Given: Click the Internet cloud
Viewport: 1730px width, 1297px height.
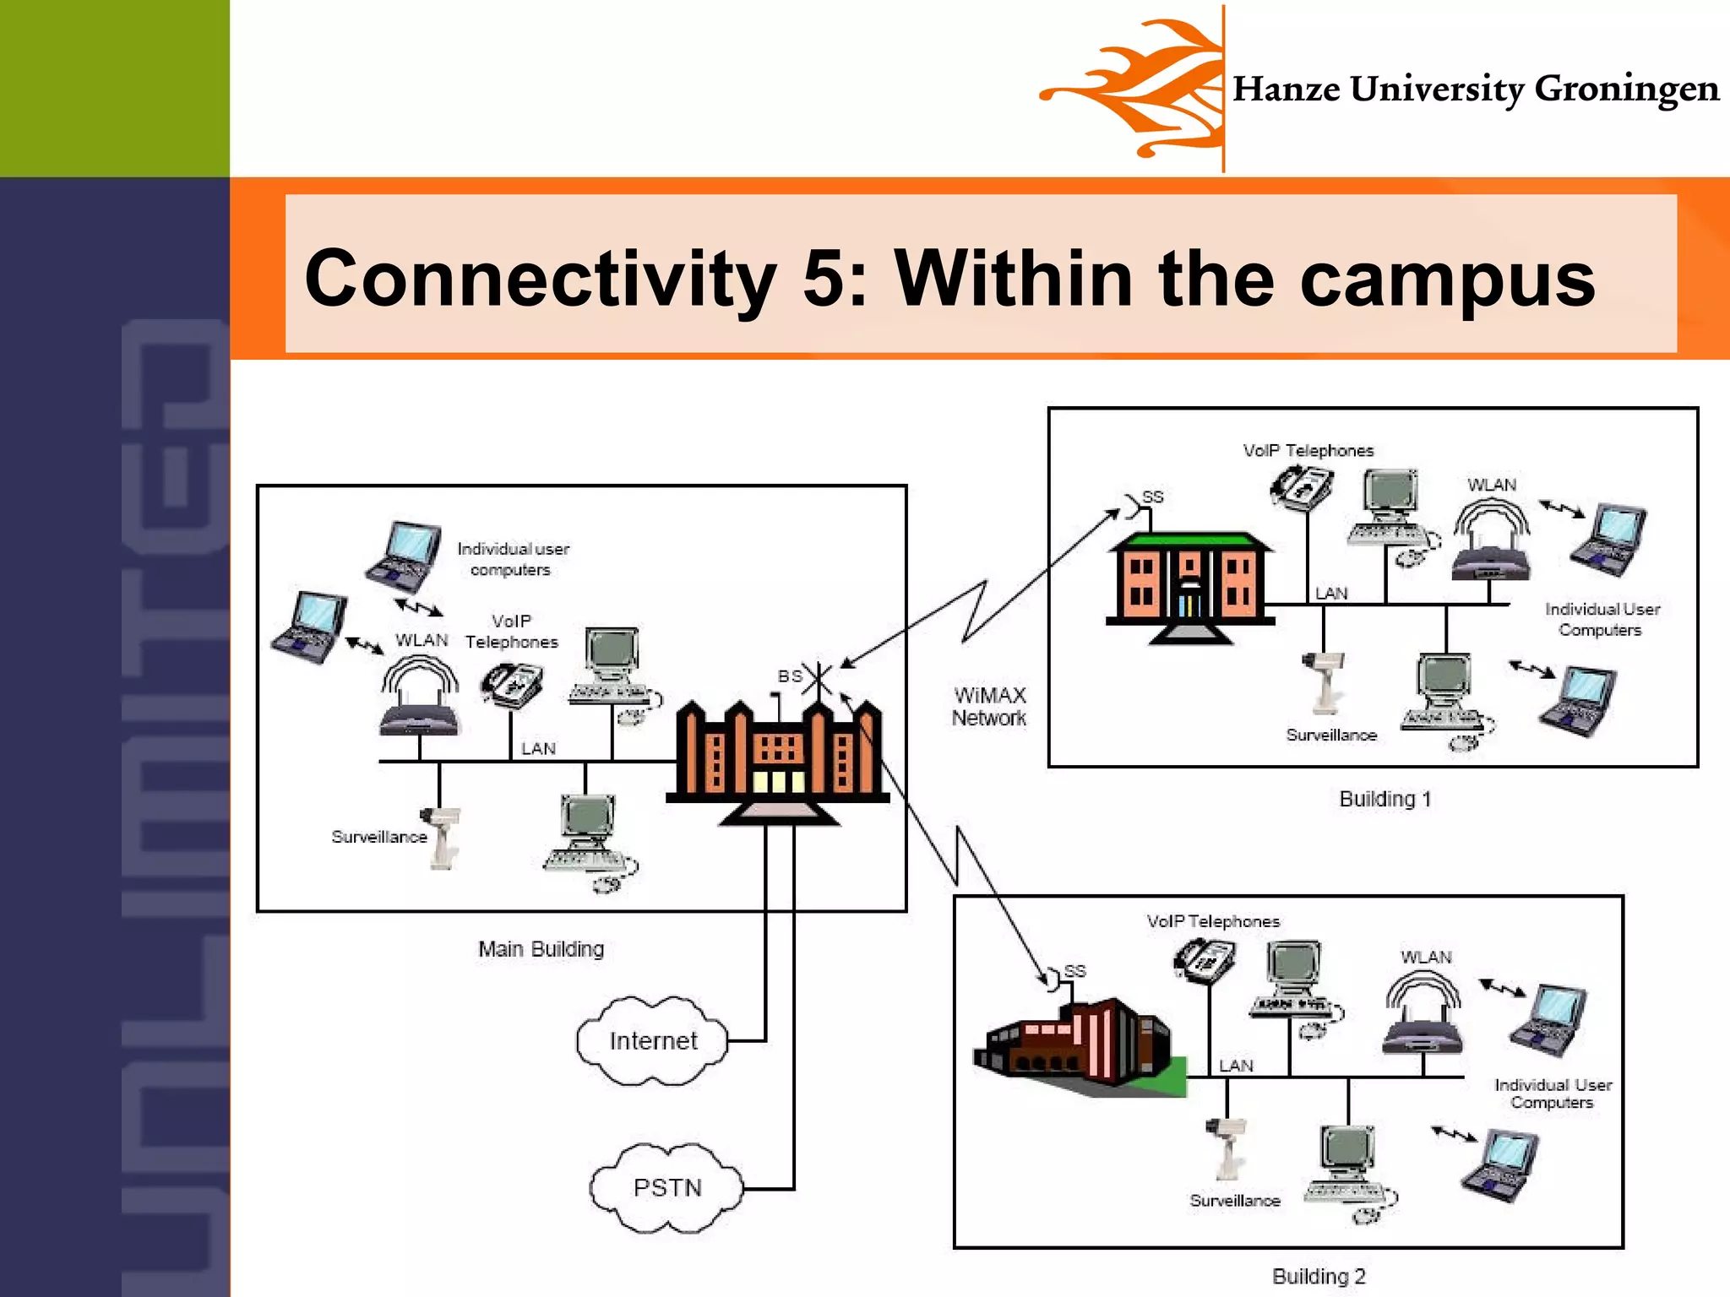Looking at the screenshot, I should pyautogui.click(x=652, y=1040).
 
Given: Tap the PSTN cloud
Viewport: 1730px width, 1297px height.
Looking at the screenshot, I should pyautogui.click(x=666, y=1187).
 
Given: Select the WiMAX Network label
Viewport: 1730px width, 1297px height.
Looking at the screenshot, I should pyautogui.click(x=988, y=707).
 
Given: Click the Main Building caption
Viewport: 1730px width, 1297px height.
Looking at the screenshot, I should pyautogui.click(x=541, y=949).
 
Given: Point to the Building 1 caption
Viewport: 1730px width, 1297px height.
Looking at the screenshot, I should pyautogui.click(x=1385, y=799).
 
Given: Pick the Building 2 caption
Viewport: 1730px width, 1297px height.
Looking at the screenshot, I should pyautogui.click(x=1319, y=1276).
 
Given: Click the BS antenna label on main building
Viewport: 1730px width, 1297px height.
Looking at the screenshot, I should pyautogui.click(x=790, y=676).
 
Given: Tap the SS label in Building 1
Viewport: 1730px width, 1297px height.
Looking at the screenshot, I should pyautogui.click(x=1153, y=497).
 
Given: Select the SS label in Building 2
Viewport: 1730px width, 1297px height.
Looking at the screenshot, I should pyautogui.click(x=1074, y=971).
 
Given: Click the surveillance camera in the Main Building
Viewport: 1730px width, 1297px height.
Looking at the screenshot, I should pyautogui.click(x=442, y=836).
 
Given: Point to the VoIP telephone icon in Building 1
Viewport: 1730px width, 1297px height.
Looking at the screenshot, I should pyautogui.click(x=1302, y=488).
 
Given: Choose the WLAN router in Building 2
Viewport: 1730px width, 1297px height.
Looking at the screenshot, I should pyautogui.click(x=1424, y=1018).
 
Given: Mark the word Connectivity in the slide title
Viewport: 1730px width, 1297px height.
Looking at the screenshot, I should pyautogui.click(x=540, y=279).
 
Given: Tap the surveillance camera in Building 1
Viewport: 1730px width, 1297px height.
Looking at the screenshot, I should pyautogui.click(x=1322, y=680).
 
